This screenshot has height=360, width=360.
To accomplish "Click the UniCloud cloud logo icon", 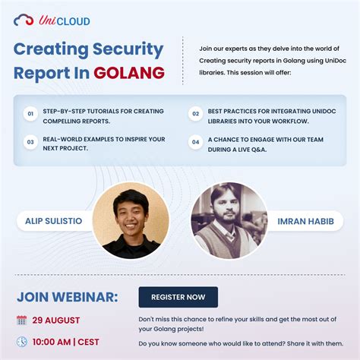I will (x=24, y=21).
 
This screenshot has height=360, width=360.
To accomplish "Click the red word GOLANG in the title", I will (x=129, y=73).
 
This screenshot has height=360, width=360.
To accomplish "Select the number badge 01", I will (x=31, y=115).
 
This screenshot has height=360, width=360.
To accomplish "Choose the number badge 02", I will (x=195, y=115).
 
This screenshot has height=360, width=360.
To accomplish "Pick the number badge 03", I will (x=31, y=142).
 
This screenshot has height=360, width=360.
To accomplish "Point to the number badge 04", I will (x=195, y=142).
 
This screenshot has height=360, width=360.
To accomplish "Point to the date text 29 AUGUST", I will (x=55, y=320).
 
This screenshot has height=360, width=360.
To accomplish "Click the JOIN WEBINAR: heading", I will (x=68, y=296).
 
